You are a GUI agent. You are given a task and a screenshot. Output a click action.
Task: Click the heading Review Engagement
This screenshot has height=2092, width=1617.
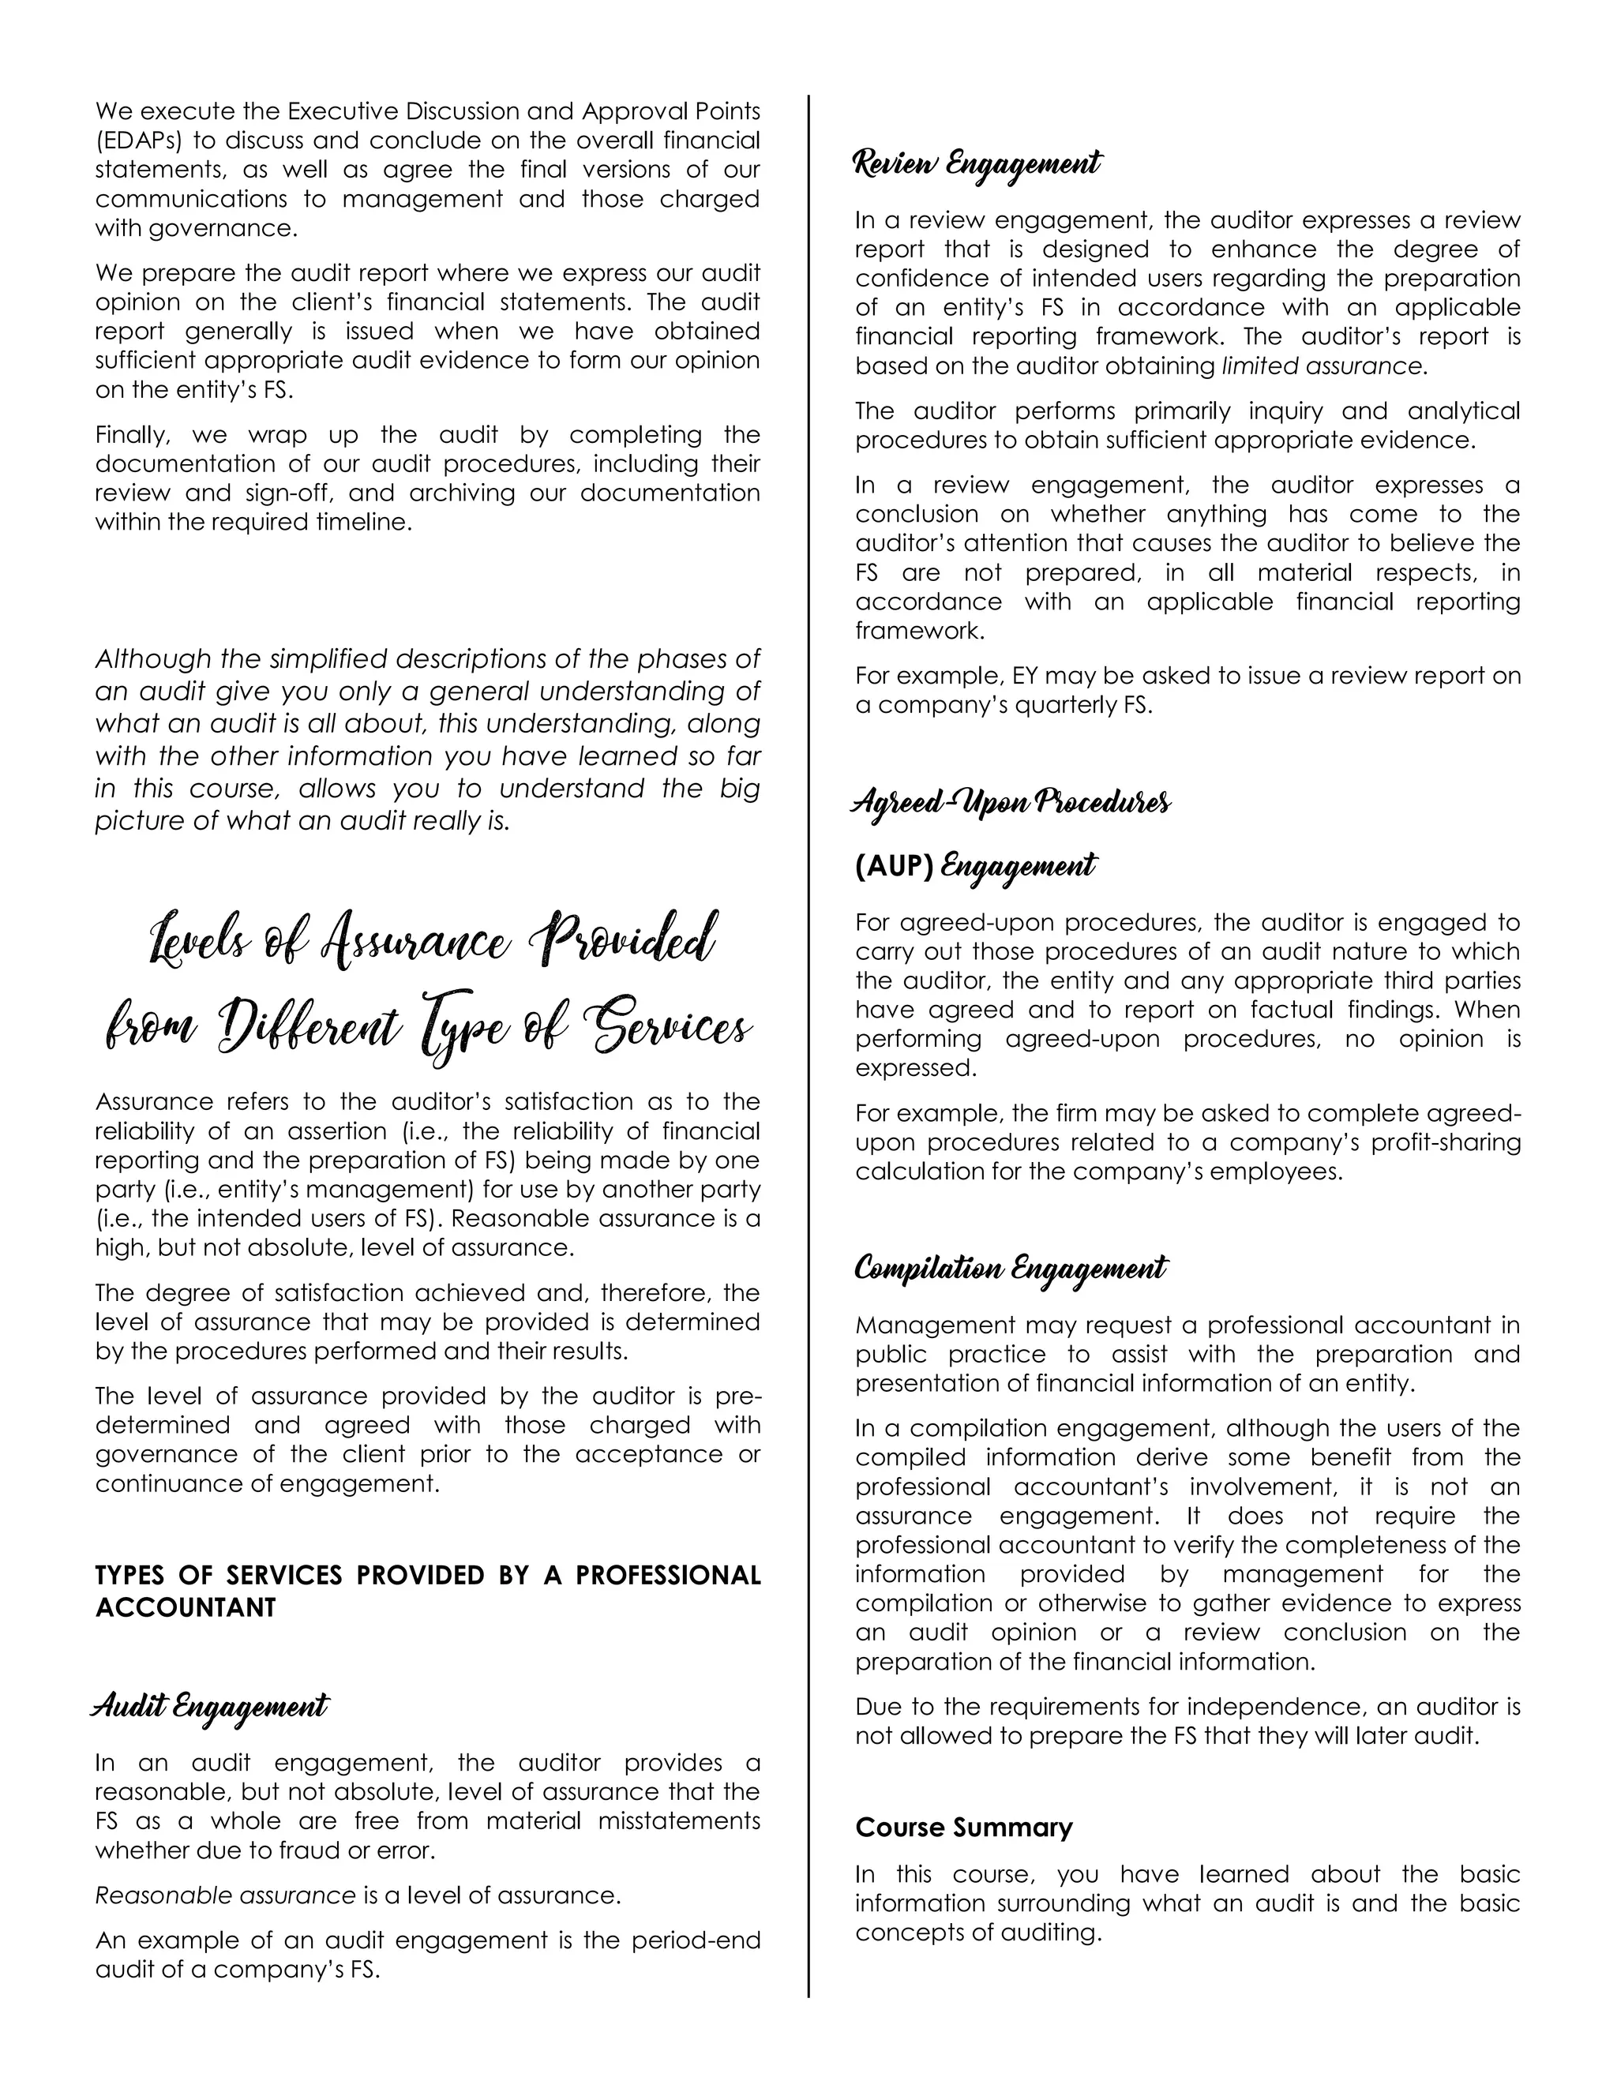977,163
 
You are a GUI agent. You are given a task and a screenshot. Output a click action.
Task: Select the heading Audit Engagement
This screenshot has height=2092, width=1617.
210,1706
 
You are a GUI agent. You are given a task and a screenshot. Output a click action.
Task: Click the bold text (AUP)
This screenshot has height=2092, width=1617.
894,867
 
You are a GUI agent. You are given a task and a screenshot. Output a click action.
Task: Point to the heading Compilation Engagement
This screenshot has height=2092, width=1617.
1011,1269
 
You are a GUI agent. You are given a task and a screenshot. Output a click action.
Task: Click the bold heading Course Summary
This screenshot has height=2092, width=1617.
964,1828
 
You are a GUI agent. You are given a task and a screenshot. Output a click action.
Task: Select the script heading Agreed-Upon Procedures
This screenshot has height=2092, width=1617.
1011,802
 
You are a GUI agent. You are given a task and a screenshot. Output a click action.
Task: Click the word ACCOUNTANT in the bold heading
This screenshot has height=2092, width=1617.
185,1608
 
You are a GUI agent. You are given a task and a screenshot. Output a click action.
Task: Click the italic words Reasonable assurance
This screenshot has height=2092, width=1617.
225,1895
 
